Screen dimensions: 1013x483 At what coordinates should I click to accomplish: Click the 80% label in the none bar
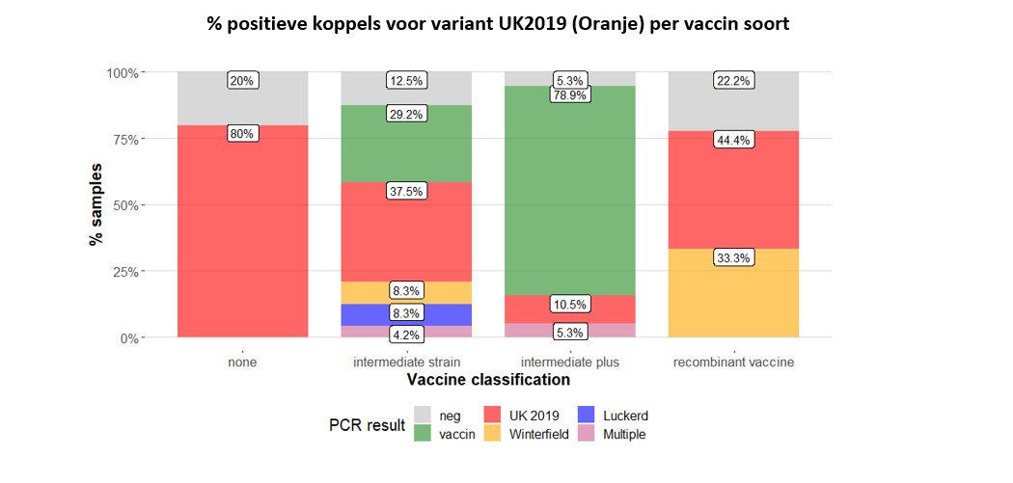click(243, 134)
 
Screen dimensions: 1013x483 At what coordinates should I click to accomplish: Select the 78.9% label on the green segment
click(569, 95)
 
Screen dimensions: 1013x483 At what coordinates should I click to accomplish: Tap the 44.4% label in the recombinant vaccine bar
click(733, 140)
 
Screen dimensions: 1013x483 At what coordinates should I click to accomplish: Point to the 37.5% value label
click(406, 192)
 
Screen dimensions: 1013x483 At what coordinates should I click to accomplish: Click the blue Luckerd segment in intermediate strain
click(406, 314)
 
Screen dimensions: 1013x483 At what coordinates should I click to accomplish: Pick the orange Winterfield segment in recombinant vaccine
click(733, 293)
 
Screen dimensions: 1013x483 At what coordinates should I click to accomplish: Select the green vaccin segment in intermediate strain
click(406, 144)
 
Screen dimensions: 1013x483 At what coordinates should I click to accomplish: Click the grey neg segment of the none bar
click(243, 98)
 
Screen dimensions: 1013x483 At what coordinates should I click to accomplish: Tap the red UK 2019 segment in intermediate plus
click(569, 309)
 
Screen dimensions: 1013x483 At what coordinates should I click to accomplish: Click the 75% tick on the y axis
click(142, 139)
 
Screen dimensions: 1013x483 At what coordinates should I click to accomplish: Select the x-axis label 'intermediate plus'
click(569, 362)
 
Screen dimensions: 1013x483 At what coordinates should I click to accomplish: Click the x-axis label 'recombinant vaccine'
click(733, 362)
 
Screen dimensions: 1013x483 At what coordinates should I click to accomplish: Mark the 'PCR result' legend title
click(367, 425)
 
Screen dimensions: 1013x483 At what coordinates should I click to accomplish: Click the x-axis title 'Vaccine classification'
click(488, 380)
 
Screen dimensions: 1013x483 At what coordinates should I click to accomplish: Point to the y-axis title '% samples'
click(96, 205)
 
